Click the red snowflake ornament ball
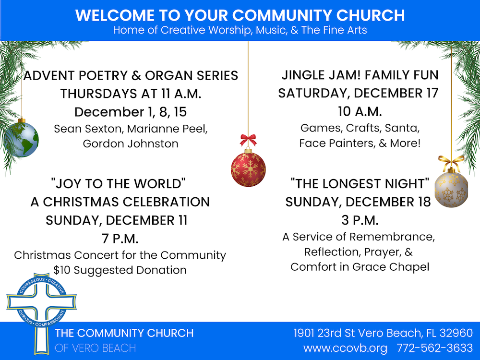[248, 169]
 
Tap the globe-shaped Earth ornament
[22, 139]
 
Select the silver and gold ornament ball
[451, 189]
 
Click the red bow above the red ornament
[248, 140]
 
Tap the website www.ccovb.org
[345, 348]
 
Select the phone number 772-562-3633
[435, 348]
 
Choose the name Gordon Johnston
[131, 144]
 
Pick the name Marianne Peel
[167, 129]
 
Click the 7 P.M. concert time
[120, 239]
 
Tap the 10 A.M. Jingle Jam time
[360, 111]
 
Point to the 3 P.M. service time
[360, 220]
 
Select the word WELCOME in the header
[115, 15]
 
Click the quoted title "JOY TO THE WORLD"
[118, 184]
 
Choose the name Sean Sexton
[89, 129]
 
